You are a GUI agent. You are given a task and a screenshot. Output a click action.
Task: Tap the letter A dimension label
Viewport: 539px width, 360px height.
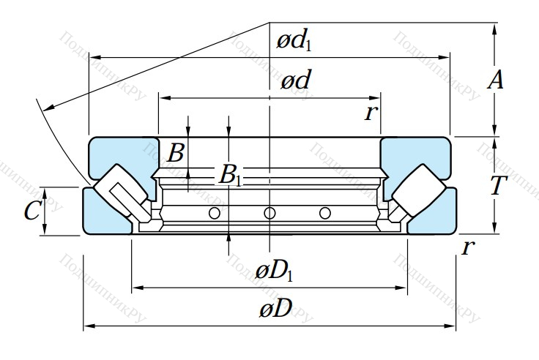[x=496, y=81]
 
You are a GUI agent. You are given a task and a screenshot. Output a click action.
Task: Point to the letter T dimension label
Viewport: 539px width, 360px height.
[x=499, y=186]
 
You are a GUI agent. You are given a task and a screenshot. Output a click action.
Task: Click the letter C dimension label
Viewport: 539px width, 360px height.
[x=31, y=211]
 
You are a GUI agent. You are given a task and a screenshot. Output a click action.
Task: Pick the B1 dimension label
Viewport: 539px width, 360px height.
[x=231, y=176]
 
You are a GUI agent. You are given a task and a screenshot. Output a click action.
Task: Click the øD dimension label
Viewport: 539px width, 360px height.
[x=275, y=310]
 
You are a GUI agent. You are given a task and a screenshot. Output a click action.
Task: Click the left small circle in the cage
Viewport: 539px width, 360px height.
[x=215, y=213]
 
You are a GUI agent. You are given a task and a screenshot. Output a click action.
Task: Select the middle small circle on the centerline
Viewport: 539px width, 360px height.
[x=269, y=213]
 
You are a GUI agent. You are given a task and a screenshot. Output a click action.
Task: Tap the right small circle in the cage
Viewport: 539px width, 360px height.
[x=325, y=213]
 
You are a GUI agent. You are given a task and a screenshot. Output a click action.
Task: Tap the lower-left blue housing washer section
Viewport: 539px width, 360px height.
[x=103, y=216]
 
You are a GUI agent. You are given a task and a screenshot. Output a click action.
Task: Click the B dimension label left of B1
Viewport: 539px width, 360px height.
[x=176, y=154]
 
